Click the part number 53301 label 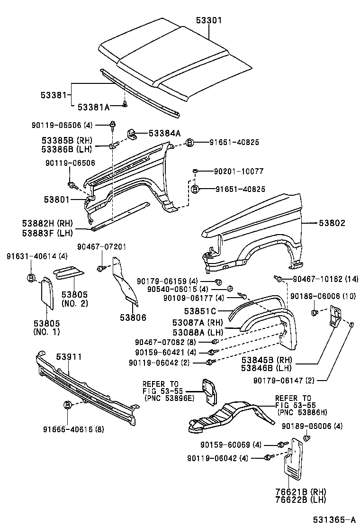[x=209, y=20]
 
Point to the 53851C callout [x=200, y=311]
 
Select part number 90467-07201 [x=102, y=247]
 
